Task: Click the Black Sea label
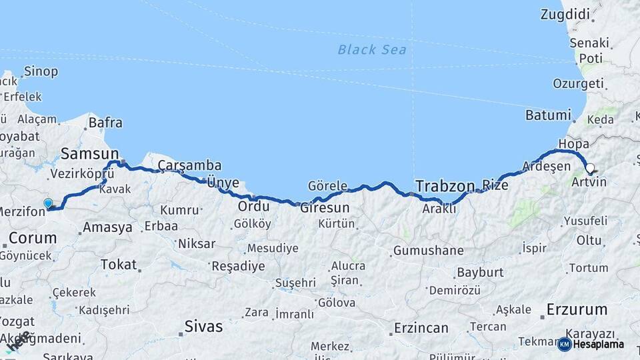371,49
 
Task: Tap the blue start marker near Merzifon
48,203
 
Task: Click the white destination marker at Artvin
589,168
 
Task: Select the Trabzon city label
445,185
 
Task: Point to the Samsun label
89,153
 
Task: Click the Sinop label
41,71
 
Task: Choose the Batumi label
548,115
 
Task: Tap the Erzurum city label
577,309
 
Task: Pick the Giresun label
325,207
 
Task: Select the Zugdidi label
565,14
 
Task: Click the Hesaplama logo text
599,344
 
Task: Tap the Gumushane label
428,251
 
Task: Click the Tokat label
118,264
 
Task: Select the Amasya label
107,227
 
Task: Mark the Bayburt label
479,273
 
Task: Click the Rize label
495,185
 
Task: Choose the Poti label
591,58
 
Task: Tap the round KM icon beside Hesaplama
564,344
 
